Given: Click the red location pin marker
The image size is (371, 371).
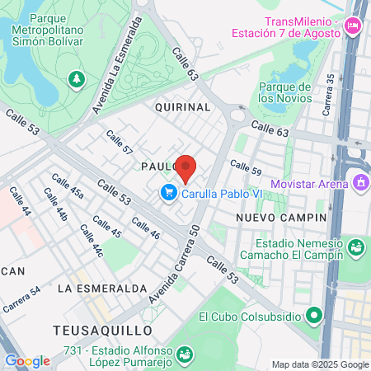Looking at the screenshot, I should [185, 167].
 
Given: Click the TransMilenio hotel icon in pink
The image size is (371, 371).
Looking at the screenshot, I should [354, 26].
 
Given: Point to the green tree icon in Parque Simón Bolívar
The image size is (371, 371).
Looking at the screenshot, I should [77, 78].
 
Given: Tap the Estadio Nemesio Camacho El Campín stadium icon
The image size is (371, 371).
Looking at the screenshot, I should [355, 247].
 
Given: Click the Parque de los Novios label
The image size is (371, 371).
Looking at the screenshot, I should [286, 92].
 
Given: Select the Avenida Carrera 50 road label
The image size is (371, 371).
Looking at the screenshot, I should [176, 263].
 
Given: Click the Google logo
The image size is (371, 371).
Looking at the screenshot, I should [27, 360].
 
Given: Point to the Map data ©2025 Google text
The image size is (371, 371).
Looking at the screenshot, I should [321, 364].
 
